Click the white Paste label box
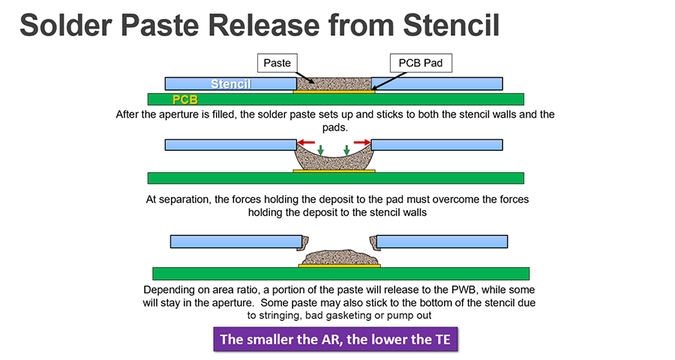click(277, 63)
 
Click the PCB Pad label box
click(421, 63)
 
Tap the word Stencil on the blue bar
click(231, 83)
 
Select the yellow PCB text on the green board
click(185, 100)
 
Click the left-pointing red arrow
click(306, 142)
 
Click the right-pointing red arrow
click(362, 142)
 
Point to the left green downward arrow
click(320, 150)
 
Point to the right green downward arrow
click(346, 150)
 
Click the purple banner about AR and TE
click(335, 339)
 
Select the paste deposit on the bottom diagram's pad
click(340, 257)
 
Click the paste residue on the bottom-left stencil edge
click(305, 242)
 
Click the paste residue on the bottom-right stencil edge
click(373, 242)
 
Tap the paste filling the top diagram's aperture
click(334, 84)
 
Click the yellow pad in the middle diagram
click(334, 171)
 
